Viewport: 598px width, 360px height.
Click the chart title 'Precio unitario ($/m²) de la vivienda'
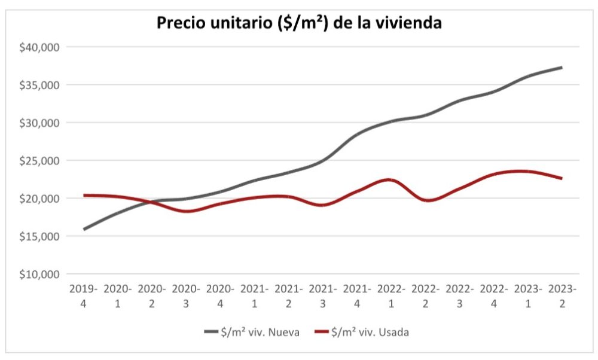[299, 23]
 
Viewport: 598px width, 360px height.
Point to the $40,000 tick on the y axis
[41, 47]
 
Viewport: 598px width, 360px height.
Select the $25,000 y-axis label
[41, 160]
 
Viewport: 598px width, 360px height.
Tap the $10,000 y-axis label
[41, 274]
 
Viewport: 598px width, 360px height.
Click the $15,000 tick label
[41, 236]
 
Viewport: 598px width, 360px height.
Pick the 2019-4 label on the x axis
[83, 296]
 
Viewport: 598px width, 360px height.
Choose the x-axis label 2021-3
[323, 296]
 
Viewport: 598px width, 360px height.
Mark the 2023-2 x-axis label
[562, 296]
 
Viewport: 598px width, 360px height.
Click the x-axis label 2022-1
[391, 296]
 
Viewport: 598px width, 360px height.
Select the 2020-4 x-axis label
[220, 296]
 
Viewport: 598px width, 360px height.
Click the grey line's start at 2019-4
[84, 229]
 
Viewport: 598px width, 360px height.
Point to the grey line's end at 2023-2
[562, 67]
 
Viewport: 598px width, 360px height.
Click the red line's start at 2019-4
[84, 195]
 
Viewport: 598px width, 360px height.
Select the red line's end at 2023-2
[562, 178]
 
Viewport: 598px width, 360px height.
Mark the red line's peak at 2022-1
[390, 179]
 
